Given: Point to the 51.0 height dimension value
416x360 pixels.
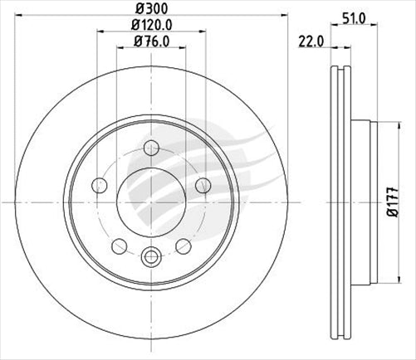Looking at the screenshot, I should coord(352,17).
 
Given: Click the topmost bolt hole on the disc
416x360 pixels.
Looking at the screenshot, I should coord(151,148).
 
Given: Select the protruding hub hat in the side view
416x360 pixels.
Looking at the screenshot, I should coord(364,202).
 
